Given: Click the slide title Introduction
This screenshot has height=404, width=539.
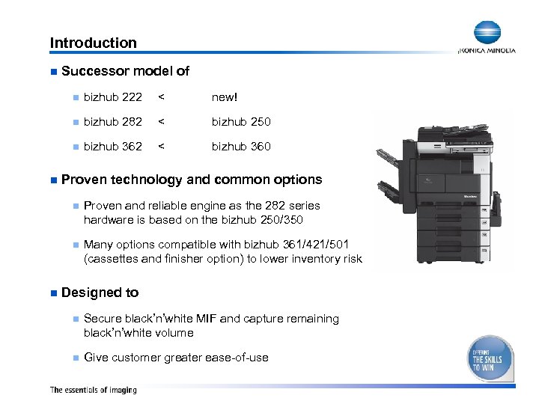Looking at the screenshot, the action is click(x=93, y=43).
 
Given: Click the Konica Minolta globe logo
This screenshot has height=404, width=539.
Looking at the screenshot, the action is click(x=487, y=33).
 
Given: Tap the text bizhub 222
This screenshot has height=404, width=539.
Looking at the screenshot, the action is click(x=113, y=97).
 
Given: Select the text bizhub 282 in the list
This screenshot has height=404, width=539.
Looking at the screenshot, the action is click(x=113, y=121).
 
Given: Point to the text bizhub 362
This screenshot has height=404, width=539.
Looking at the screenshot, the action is click(x=113, y=146).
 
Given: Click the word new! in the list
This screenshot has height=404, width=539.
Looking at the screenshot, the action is click(x=225, y=97).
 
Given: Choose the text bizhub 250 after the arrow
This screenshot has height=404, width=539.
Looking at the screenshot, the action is click(x=241, y=121).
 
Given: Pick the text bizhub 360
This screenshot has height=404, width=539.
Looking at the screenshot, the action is click(x=241, y=146).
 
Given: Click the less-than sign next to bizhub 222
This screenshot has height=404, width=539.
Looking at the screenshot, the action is click(x=162, y=97).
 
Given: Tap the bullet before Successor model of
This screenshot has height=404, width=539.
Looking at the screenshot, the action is click(x=53, y=72).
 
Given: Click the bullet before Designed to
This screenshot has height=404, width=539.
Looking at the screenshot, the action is click(x=53, y=293).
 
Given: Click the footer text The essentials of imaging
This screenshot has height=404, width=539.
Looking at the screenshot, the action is click(x=93, y=390).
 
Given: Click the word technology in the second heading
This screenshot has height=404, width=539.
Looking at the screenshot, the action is click(x=147, y=180).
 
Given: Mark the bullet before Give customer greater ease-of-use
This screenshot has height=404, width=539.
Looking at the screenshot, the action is click(x=75, y=358).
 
